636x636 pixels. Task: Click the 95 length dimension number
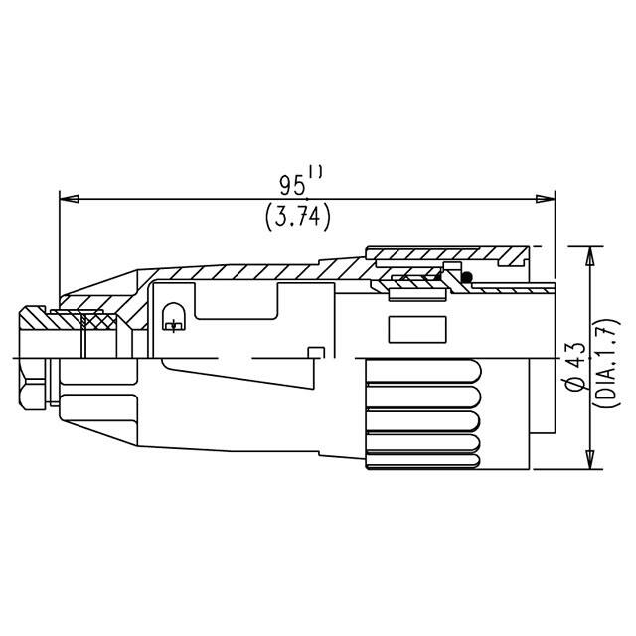pos(292,186)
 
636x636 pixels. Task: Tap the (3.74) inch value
pos(298,216)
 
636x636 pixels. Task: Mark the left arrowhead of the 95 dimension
pos(69,199)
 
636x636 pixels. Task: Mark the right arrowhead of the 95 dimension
pos(545,199)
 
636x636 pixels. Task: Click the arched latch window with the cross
pos(172,318)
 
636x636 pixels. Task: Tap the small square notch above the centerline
pos(316,352)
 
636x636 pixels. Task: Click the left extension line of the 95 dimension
pos(61,248)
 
